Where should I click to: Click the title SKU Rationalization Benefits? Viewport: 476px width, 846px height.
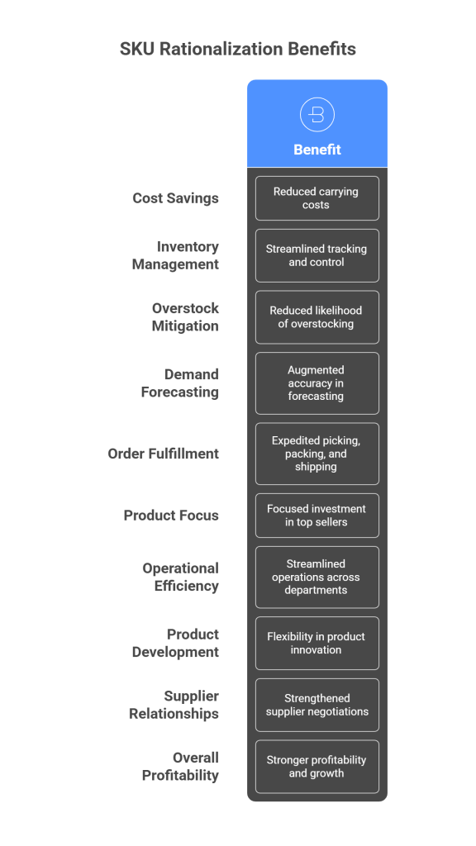pos(237,49)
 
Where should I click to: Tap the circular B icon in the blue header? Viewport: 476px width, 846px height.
pos(317,114)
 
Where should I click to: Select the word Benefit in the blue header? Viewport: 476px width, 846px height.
pos(317,150)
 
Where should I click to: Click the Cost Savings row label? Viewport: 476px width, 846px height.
pos(176,198)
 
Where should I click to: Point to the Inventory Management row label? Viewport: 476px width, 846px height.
pos(176,255)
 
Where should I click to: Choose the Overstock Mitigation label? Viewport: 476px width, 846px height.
pos(185,316)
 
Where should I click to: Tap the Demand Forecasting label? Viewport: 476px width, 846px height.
pos(180,383)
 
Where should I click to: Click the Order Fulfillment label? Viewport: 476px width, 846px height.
pos(164,454)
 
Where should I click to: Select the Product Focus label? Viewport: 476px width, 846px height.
pos(171,516)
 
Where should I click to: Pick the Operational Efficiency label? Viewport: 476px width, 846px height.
pos(181,577)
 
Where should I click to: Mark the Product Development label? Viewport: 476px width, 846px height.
pos(176,643)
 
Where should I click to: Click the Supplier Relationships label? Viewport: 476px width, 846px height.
pos(174,705)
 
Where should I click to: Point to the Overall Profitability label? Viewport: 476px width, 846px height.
pos(180,766)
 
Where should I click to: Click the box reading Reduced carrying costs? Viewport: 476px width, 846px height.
pos(317,198)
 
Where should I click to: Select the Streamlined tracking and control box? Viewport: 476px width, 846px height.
pos(317,255)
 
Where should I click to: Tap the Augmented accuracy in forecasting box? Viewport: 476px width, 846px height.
pos(317,383)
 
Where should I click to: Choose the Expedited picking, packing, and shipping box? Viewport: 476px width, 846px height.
pos(317,454)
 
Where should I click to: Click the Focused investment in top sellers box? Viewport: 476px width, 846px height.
pos(317,516)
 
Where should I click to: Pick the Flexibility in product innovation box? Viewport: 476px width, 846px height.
pos(317,643)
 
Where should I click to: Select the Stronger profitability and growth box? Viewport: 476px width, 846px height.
pos(317,767)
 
